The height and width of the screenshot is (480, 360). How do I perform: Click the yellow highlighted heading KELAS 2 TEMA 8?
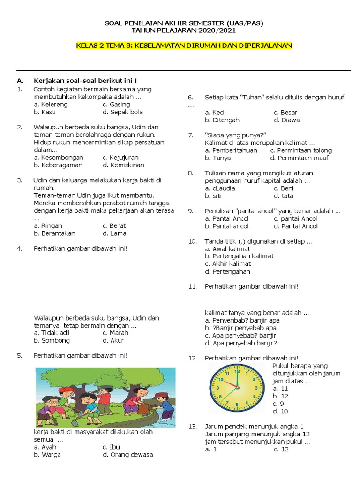[x=184, y=45]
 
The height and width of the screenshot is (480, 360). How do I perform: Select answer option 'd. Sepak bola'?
[x=123, y=112]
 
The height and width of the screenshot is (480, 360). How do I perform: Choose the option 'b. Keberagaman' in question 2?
[x=58, y=165]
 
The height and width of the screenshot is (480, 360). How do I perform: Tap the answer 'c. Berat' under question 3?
[x=114, y=225]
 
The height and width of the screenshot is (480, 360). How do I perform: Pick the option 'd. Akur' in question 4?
[x=113, y=340]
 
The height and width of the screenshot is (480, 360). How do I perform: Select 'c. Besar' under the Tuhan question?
[x=285, y=112]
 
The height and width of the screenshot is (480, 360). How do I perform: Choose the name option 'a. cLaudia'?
[x=220, y=188]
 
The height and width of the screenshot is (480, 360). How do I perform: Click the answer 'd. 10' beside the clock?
[x=280, y=411]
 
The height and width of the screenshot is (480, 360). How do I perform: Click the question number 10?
[x=192, y=241]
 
